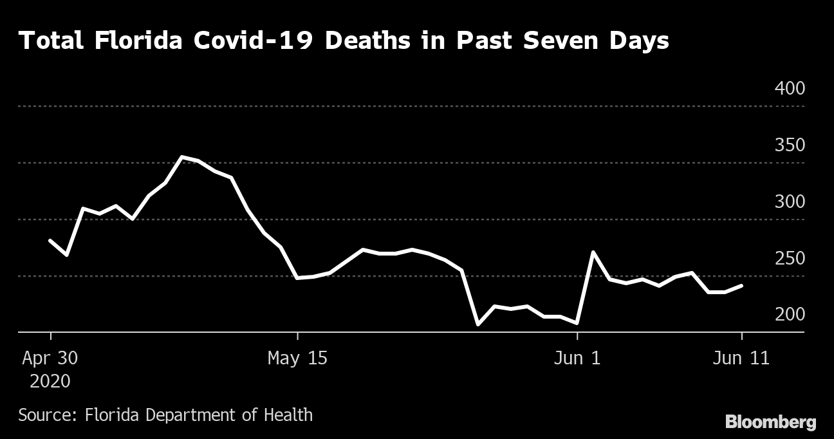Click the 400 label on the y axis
click(790, 88)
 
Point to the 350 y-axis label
click(790, 145)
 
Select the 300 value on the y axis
click(790, 201)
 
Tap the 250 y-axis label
click(790, 258)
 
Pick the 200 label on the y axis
click(790, 314)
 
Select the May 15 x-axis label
click(297, 358)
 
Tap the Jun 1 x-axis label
click(577, 358)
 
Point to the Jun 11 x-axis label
click(742, 358)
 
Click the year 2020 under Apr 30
click(50, 381)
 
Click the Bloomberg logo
click(770, 422)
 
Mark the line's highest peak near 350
click(182, 157)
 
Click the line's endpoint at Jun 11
click(742, 285)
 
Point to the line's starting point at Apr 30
click(50, 240)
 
